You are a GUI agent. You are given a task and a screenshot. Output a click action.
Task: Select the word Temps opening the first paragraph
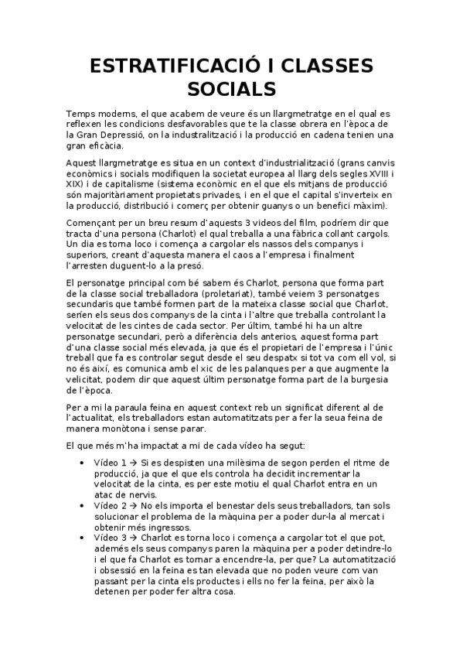tap(81, 114)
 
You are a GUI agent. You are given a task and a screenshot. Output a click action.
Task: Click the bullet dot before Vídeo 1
tap(83, 462)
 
